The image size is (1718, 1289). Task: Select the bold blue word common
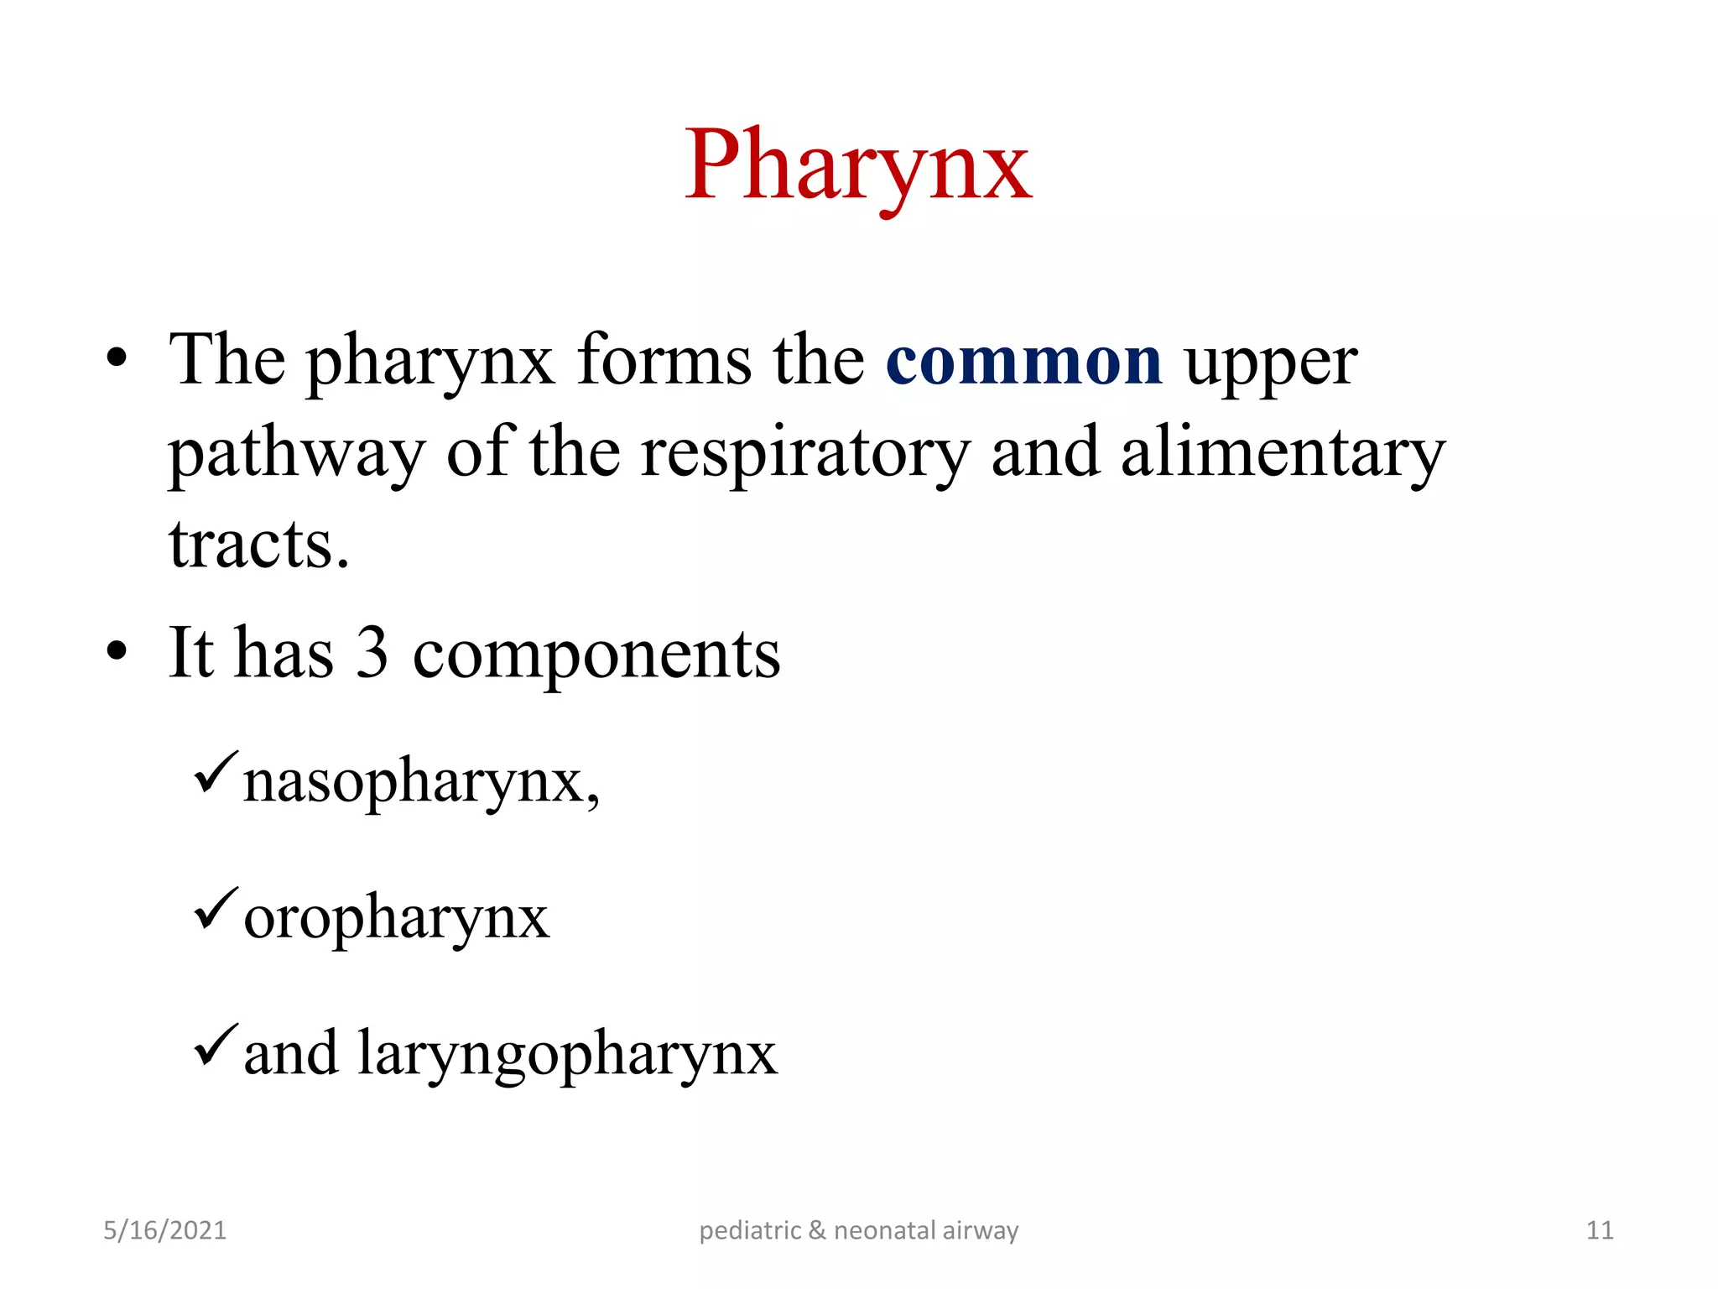tap(1023, 361)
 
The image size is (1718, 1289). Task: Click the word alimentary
tap(1283, 453)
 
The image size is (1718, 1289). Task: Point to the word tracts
tap(258, 545)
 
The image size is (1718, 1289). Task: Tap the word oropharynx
tap(396, 918)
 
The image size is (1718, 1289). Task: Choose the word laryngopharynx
tap(568, 1054)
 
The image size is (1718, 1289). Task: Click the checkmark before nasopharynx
tap(216, 773)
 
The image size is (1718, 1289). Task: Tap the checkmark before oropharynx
tap(216, 909)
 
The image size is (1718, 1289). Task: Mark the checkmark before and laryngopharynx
tap(216, 1045)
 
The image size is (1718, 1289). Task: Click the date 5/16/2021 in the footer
tap(164, 1230)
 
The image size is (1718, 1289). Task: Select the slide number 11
tap(1600, 1230)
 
